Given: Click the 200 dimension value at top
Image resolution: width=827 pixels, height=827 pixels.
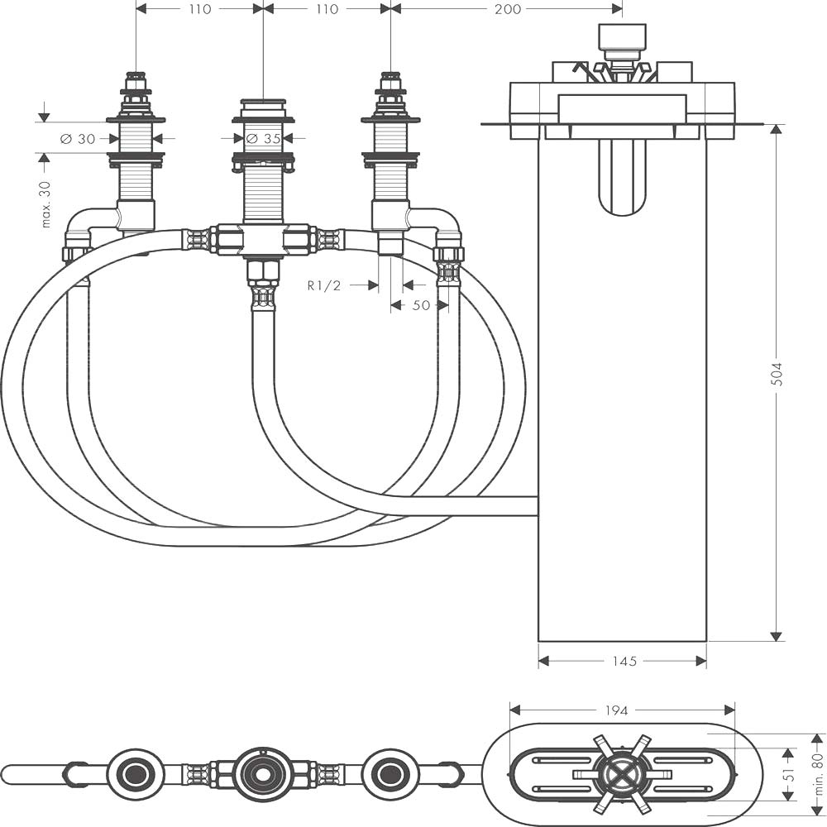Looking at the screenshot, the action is tap(508, 9).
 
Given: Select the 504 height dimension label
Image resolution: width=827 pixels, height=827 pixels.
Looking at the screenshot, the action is tap(777, 374).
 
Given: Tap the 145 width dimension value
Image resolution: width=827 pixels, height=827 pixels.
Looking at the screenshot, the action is tap(624, 661).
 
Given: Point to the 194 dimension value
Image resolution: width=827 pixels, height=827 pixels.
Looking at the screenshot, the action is tap(616, 710).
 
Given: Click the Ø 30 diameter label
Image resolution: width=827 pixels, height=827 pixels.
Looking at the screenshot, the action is tap(78, 139).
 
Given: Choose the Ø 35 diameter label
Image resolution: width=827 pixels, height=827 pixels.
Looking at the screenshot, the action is tap(263, 139).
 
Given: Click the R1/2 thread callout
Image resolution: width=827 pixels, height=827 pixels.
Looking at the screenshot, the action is tap(324, 286).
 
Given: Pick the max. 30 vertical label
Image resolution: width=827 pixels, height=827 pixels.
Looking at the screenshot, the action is tap(45, 204).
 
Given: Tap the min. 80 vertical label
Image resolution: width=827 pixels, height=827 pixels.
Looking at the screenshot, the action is tap(818, 773).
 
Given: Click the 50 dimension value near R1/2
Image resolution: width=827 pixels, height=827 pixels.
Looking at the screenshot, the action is tap(421, 305).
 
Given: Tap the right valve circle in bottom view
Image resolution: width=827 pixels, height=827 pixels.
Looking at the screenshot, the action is tap(391, 774).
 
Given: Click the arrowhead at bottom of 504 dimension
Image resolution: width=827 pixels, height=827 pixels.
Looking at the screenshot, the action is tap(776, 637).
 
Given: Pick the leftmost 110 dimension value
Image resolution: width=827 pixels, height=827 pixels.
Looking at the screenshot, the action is tap(199, 9).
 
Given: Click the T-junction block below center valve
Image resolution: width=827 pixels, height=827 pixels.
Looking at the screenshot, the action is tap(262, 241).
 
